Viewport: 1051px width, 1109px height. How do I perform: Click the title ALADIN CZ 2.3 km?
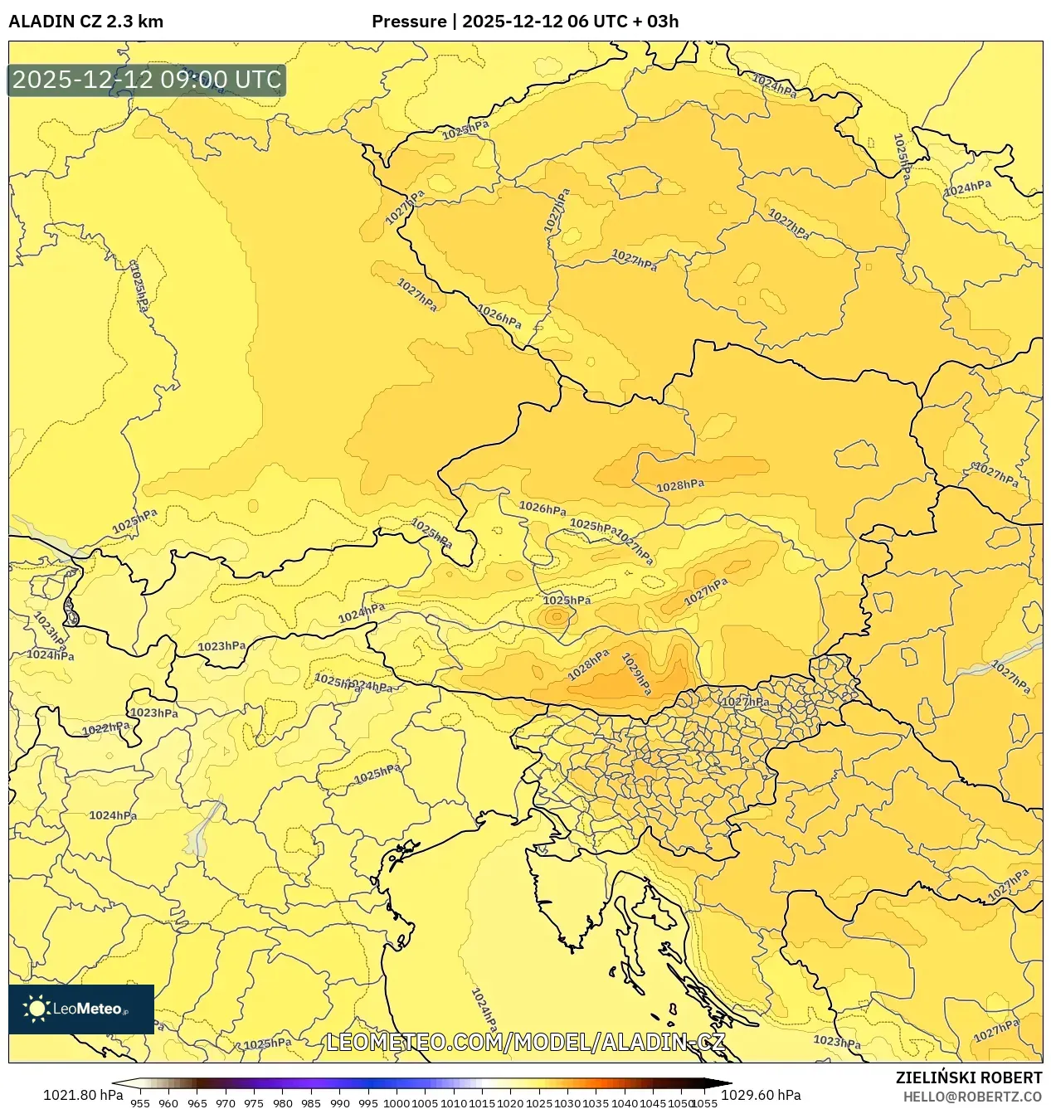(85, 22)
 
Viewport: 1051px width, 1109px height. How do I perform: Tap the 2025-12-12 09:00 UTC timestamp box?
(147, 80)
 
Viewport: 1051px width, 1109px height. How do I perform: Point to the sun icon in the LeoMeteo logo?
(37, 1009)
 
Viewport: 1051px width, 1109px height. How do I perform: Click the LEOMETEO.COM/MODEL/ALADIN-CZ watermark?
(526, 1042)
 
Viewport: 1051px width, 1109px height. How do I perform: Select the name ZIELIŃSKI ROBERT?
(968, 1077)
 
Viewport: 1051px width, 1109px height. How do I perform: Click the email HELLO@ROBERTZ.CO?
(972, 1097)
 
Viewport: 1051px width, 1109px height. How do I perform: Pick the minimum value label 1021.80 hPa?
(82, 1094)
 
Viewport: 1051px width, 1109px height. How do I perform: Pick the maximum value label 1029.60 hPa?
(761, 1094)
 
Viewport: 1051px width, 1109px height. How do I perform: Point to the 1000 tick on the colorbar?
(397, 1103)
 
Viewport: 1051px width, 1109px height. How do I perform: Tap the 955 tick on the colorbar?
(140, 1103)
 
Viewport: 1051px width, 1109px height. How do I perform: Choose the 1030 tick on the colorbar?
(567, 1103)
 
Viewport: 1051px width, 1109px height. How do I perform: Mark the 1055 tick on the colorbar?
(704, 1103)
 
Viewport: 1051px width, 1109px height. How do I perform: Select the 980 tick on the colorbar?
(283, 1103)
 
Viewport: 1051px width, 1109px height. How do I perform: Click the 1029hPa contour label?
(637, 674)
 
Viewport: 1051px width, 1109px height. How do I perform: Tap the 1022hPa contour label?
(105, 729)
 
